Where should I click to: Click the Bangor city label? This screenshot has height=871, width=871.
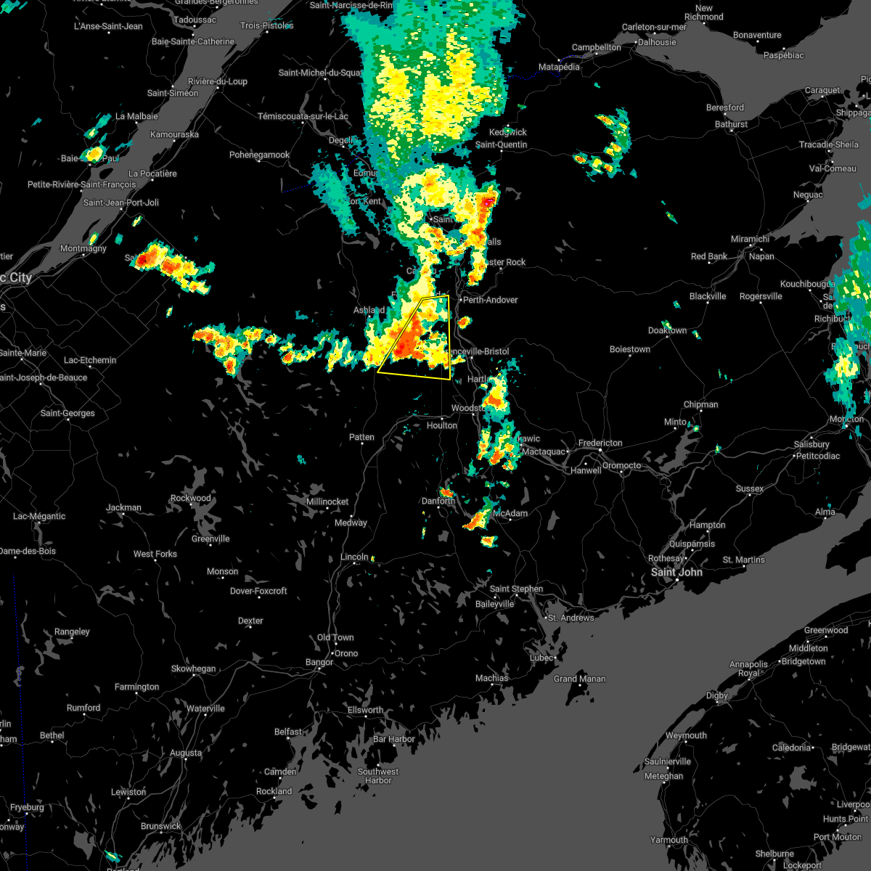point(319,662)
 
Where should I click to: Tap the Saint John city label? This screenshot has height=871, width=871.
point(676,572)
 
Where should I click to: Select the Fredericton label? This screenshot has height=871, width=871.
point(600,443)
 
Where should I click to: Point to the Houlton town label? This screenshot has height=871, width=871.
point(442,425)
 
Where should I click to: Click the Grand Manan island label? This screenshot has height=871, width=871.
point(580,679)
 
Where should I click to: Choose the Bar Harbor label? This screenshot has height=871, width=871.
point(393,739)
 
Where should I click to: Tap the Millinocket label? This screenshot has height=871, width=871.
point(327,502)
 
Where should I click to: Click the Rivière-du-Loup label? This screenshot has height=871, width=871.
point(218,81)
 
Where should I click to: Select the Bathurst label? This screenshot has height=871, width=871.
point(731,124)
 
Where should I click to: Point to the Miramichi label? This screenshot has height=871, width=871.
point(750,239)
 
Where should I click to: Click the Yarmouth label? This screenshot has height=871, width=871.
point(669,840)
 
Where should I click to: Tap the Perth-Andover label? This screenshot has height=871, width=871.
point(491,300)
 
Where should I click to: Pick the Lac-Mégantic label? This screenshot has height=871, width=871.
point(39,516)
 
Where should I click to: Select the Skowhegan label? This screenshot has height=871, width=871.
point(194,668)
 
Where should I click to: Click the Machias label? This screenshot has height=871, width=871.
point(492,678)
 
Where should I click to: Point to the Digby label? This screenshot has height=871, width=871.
point(717,695)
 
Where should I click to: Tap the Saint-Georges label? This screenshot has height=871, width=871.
point(68,413)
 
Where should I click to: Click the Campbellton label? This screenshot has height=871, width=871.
point(597,47)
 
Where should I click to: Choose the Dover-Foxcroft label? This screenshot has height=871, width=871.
point(258,591)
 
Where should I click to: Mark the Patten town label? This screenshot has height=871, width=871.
point(361,437)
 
